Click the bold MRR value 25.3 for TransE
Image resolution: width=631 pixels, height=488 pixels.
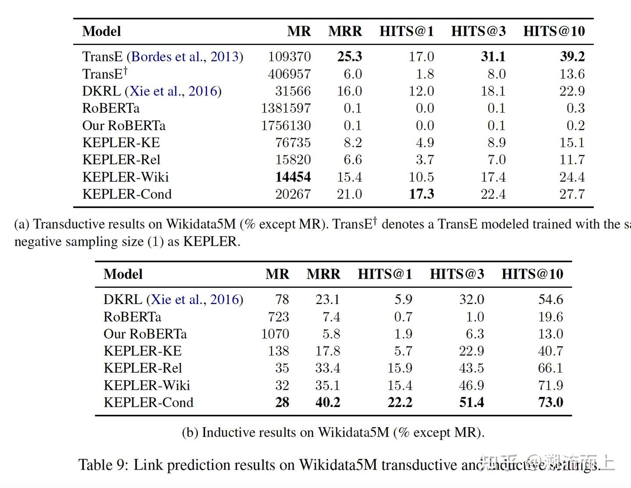349,57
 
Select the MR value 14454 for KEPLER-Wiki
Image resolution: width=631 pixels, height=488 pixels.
293,177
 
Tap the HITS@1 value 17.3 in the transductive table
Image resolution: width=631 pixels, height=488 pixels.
421,194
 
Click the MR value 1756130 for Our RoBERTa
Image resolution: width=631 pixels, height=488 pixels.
286,126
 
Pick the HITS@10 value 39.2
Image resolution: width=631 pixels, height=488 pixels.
572,57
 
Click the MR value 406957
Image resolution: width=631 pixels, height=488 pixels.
289,74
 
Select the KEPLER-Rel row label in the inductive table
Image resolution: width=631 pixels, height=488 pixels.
142,368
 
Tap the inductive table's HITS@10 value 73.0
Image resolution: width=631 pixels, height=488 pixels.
550,402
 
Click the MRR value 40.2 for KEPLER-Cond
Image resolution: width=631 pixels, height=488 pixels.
327,402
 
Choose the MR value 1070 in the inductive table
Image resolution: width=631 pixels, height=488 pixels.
275,334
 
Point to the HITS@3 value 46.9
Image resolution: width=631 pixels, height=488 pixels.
471,385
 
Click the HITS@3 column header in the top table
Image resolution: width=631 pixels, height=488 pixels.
478,31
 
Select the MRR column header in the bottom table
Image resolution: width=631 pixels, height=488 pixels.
323,274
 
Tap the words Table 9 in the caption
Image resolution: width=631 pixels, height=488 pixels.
103,465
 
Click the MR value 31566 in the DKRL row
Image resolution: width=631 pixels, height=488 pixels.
293,91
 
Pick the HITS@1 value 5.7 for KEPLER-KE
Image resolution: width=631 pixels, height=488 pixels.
403,351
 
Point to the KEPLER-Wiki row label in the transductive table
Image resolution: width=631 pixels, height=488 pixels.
125,177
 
